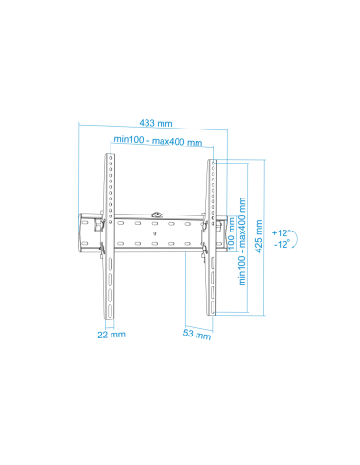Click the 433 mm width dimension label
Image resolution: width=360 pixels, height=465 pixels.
pos(156,123)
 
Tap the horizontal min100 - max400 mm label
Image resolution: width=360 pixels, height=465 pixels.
pos(158,141)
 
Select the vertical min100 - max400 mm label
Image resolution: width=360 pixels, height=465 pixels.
pos(242,241)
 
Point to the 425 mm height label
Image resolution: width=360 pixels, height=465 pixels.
pos(259,236)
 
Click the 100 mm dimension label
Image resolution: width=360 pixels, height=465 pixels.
pos(231,233)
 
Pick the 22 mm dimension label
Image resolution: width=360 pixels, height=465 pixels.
pos(111,335)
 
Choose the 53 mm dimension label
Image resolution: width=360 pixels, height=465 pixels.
pos(197,334)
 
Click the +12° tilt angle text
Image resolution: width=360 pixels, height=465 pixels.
pos(281,233)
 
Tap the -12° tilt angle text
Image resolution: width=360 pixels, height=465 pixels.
pos(282,244)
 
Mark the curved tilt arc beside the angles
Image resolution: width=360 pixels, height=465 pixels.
pos(297,239)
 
